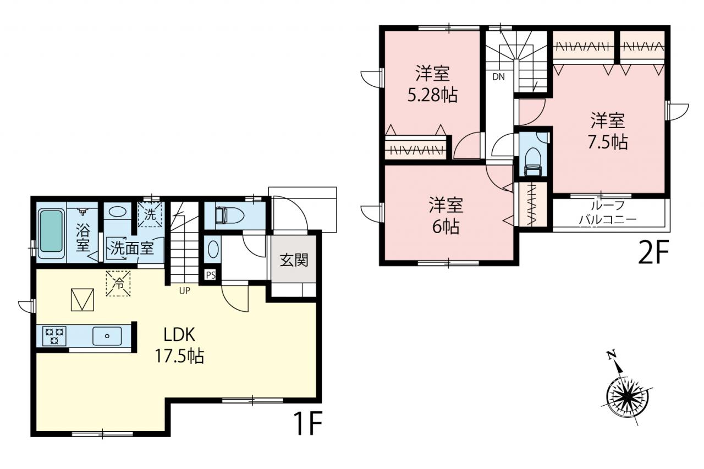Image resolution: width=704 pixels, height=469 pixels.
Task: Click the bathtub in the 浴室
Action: tap(51, 233)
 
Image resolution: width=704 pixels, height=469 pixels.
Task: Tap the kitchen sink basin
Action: tap(107, 336)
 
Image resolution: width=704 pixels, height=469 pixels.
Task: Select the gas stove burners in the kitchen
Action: tap(54, 335)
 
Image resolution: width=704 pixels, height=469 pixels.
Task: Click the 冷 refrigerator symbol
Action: tap(118, 284)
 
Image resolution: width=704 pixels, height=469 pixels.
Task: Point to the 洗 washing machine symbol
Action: tap(150, 215)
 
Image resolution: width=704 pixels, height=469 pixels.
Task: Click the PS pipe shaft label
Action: tap(211, 275)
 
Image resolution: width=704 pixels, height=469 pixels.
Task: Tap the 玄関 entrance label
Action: tap(294, 260)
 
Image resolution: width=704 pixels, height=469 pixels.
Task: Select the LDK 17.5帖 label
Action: tap(179, 345)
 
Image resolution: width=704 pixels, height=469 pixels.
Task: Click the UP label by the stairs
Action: tap(184, 291)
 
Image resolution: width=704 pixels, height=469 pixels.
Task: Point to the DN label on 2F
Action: tap(498, 76)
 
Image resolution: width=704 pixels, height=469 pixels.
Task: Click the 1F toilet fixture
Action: tap(229, 216)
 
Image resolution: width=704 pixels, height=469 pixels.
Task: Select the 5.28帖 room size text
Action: tap(432, 95)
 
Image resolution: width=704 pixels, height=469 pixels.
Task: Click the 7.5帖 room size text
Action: tap(608, 142)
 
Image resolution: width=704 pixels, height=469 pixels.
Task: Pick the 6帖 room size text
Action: tap(446, 227)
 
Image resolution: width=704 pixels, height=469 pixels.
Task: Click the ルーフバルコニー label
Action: tap(608, 213)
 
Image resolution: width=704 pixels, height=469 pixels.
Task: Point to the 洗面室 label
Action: tap(132, 249)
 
